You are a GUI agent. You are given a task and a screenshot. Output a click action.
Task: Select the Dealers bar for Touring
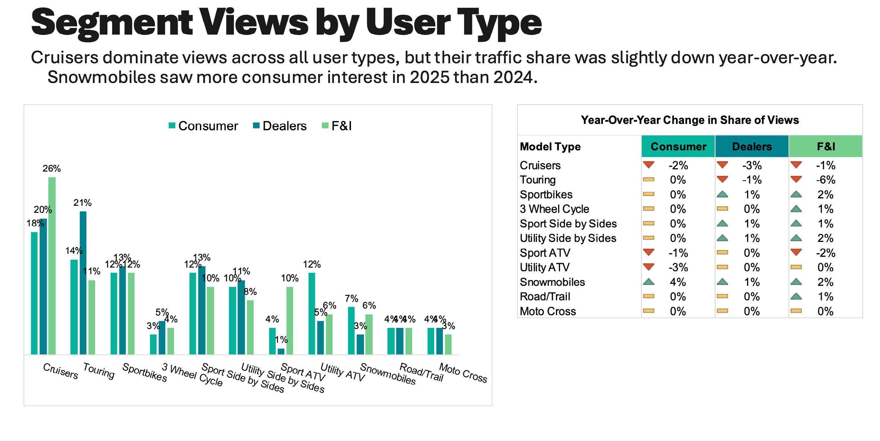83,282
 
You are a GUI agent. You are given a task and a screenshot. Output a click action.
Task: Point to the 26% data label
51,169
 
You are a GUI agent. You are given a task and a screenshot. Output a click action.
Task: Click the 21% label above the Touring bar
82,203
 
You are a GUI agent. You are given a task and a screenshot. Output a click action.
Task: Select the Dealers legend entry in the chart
280,126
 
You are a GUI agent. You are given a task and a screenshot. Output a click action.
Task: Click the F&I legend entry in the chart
337,126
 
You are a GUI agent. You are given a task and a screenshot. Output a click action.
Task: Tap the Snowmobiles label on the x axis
388,374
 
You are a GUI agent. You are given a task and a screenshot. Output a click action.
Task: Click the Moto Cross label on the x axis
463,373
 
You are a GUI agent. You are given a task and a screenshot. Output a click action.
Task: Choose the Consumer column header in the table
678,147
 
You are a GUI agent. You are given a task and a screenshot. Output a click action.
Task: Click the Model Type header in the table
550,147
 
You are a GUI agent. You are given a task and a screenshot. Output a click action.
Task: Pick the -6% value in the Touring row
826,180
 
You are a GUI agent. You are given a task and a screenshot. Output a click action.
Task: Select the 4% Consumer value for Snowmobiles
678,282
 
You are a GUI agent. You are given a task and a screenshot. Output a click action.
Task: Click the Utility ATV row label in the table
544,268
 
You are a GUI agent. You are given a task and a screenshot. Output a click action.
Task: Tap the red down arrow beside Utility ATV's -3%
649,267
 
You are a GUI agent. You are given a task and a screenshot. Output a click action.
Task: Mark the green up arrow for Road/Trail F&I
796,296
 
